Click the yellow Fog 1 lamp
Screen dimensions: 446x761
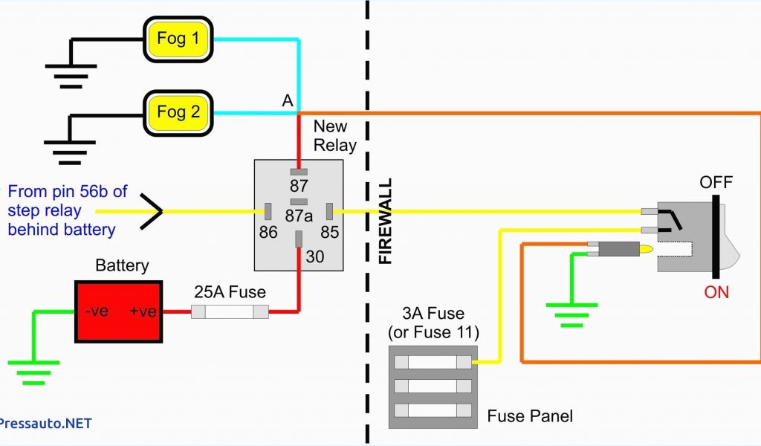click(178, 38)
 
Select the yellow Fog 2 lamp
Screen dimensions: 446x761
click(178, 112)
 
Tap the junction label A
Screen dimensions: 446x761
click(288, 101)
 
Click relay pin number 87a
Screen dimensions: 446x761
click(299, 216)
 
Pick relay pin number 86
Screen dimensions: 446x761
click(268, 233)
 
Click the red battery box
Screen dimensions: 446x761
click(119, 311)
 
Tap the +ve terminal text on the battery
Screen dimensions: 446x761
click(142, 311)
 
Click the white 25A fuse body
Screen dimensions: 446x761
click(230, 312)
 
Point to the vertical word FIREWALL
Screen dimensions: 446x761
click(385, 222)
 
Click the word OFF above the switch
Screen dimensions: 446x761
click(716, 182)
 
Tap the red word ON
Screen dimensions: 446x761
click(716, 292)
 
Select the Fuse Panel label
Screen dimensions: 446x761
click(530, 416)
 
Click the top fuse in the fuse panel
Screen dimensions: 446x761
click(432, 362)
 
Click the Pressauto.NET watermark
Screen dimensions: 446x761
click(46, 423)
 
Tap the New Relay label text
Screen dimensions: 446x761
click(334, 135)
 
